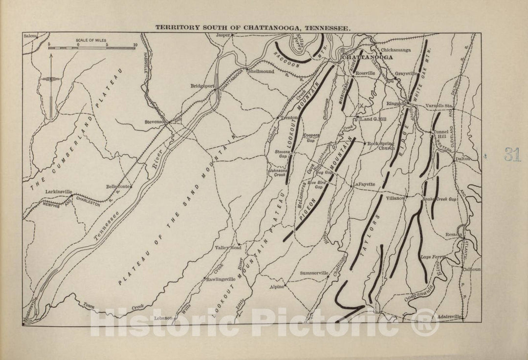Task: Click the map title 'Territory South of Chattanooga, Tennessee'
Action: click(252, 28)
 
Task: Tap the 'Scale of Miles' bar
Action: click(92, 47)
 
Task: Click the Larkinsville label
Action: click(59, 192)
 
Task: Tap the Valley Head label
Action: click(226, 248)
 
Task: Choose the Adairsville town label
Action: click(451, 317)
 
